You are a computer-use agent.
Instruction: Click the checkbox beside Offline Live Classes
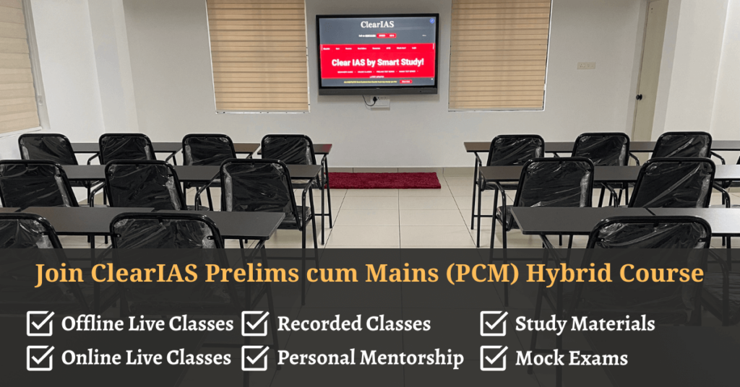coord(40,324)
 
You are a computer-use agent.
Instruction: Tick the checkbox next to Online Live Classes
coord(40,357)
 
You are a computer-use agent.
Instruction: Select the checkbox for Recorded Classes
coord(255,324)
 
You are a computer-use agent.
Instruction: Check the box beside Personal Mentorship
coord(255,357)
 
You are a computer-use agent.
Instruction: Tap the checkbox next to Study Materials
coord(494,324)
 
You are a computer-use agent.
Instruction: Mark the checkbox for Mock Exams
coord(494,357)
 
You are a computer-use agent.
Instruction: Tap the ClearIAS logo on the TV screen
coord(377,25)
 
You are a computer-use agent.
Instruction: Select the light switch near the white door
coord(586,66)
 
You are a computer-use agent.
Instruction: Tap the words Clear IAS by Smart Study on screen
coord(377,63)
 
